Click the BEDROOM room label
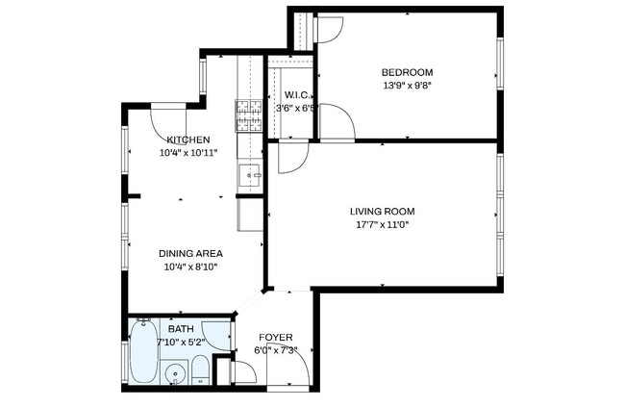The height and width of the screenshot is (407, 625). (x=407, y=72)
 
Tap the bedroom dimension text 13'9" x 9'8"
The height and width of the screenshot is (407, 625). (x=407, y=85)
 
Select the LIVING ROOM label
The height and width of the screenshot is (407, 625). (x=382, y=211)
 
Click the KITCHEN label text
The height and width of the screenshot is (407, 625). (x=187, y=140)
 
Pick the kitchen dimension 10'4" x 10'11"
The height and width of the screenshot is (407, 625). (x=187, y=152)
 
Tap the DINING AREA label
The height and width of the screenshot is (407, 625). (x=190, y=253)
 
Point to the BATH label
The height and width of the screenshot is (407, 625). (x=181, y=329)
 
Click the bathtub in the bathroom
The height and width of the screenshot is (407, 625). (x=145, y=352)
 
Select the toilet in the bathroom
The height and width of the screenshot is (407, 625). (x=198, y=371)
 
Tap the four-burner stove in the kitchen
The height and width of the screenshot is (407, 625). (x=249, y=116)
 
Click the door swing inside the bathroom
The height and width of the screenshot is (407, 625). (x=220, y=334)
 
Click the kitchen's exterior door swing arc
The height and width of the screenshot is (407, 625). (x=168, y=119)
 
